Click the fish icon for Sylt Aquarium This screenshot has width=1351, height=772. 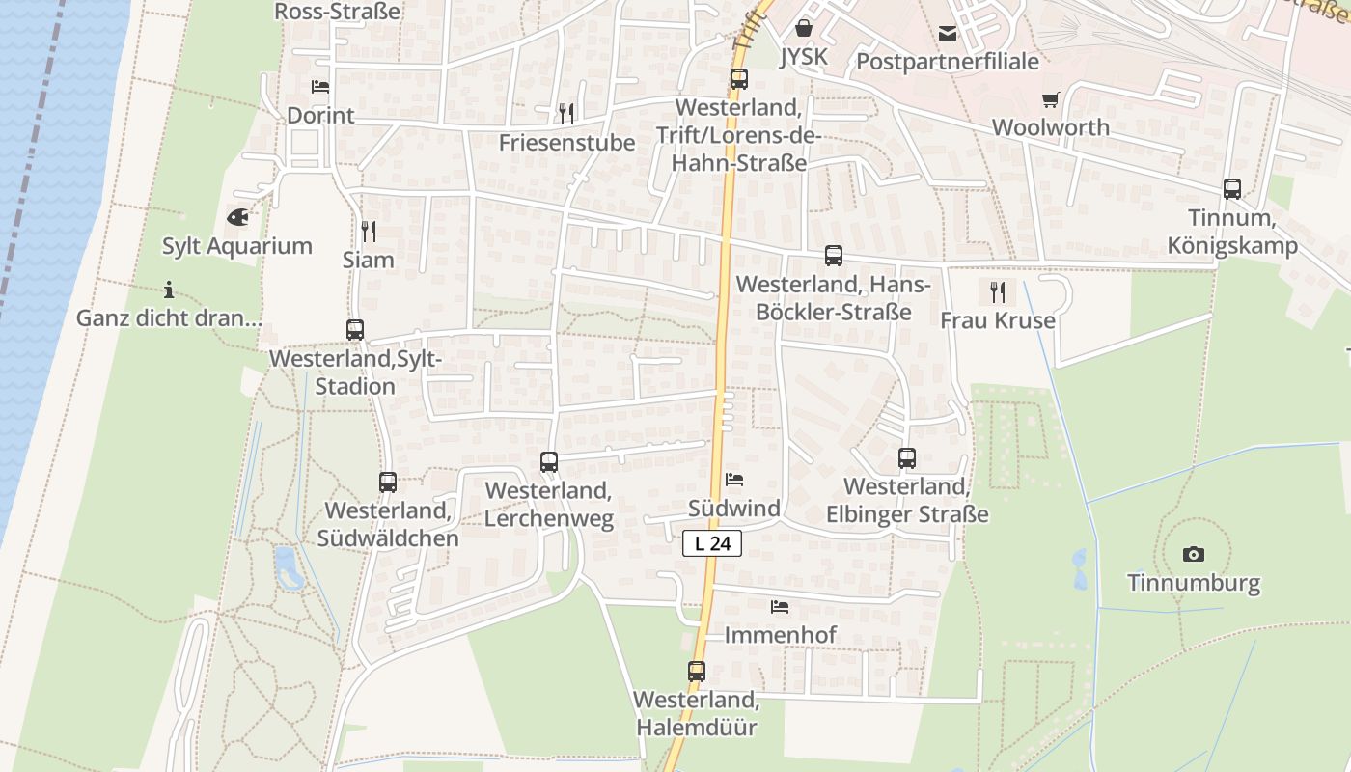(237, 217)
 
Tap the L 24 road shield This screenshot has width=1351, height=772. (712, 543)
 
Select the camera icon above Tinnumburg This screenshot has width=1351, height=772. (1194, 554)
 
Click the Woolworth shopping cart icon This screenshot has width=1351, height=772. (1051, 99)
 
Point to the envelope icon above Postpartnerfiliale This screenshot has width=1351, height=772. (948, 34)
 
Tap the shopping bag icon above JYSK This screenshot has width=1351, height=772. (803, 29)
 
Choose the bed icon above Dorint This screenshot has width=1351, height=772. (320, 87)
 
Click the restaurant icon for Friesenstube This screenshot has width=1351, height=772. (566, 114)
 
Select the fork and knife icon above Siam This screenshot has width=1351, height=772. (368, 231)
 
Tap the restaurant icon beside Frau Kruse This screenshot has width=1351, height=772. (998, 290)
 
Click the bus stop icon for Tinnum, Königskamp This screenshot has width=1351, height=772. (1232, 189)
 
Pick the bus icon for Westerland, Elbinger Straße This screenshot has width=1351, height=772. (907, 458)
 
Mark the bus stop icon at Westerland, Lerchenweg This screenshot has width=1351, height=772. (549, 462)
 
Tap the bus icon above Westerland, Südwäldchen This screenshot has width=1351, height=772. (388, 482)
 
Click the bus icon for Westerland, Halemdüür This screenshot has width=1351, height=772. (697, 671)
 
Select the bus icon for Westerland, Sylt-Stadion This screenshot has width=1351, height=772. (355, 330)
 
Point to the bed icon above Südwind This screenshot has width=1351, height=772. (734, 480)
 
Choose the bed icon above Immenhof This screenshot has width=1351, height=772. (780, 607)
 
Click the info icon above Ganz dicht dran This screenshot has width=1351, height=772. (169, 289)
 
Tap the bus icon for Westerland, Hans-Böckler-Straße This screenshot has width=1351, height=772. (834, 256)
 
